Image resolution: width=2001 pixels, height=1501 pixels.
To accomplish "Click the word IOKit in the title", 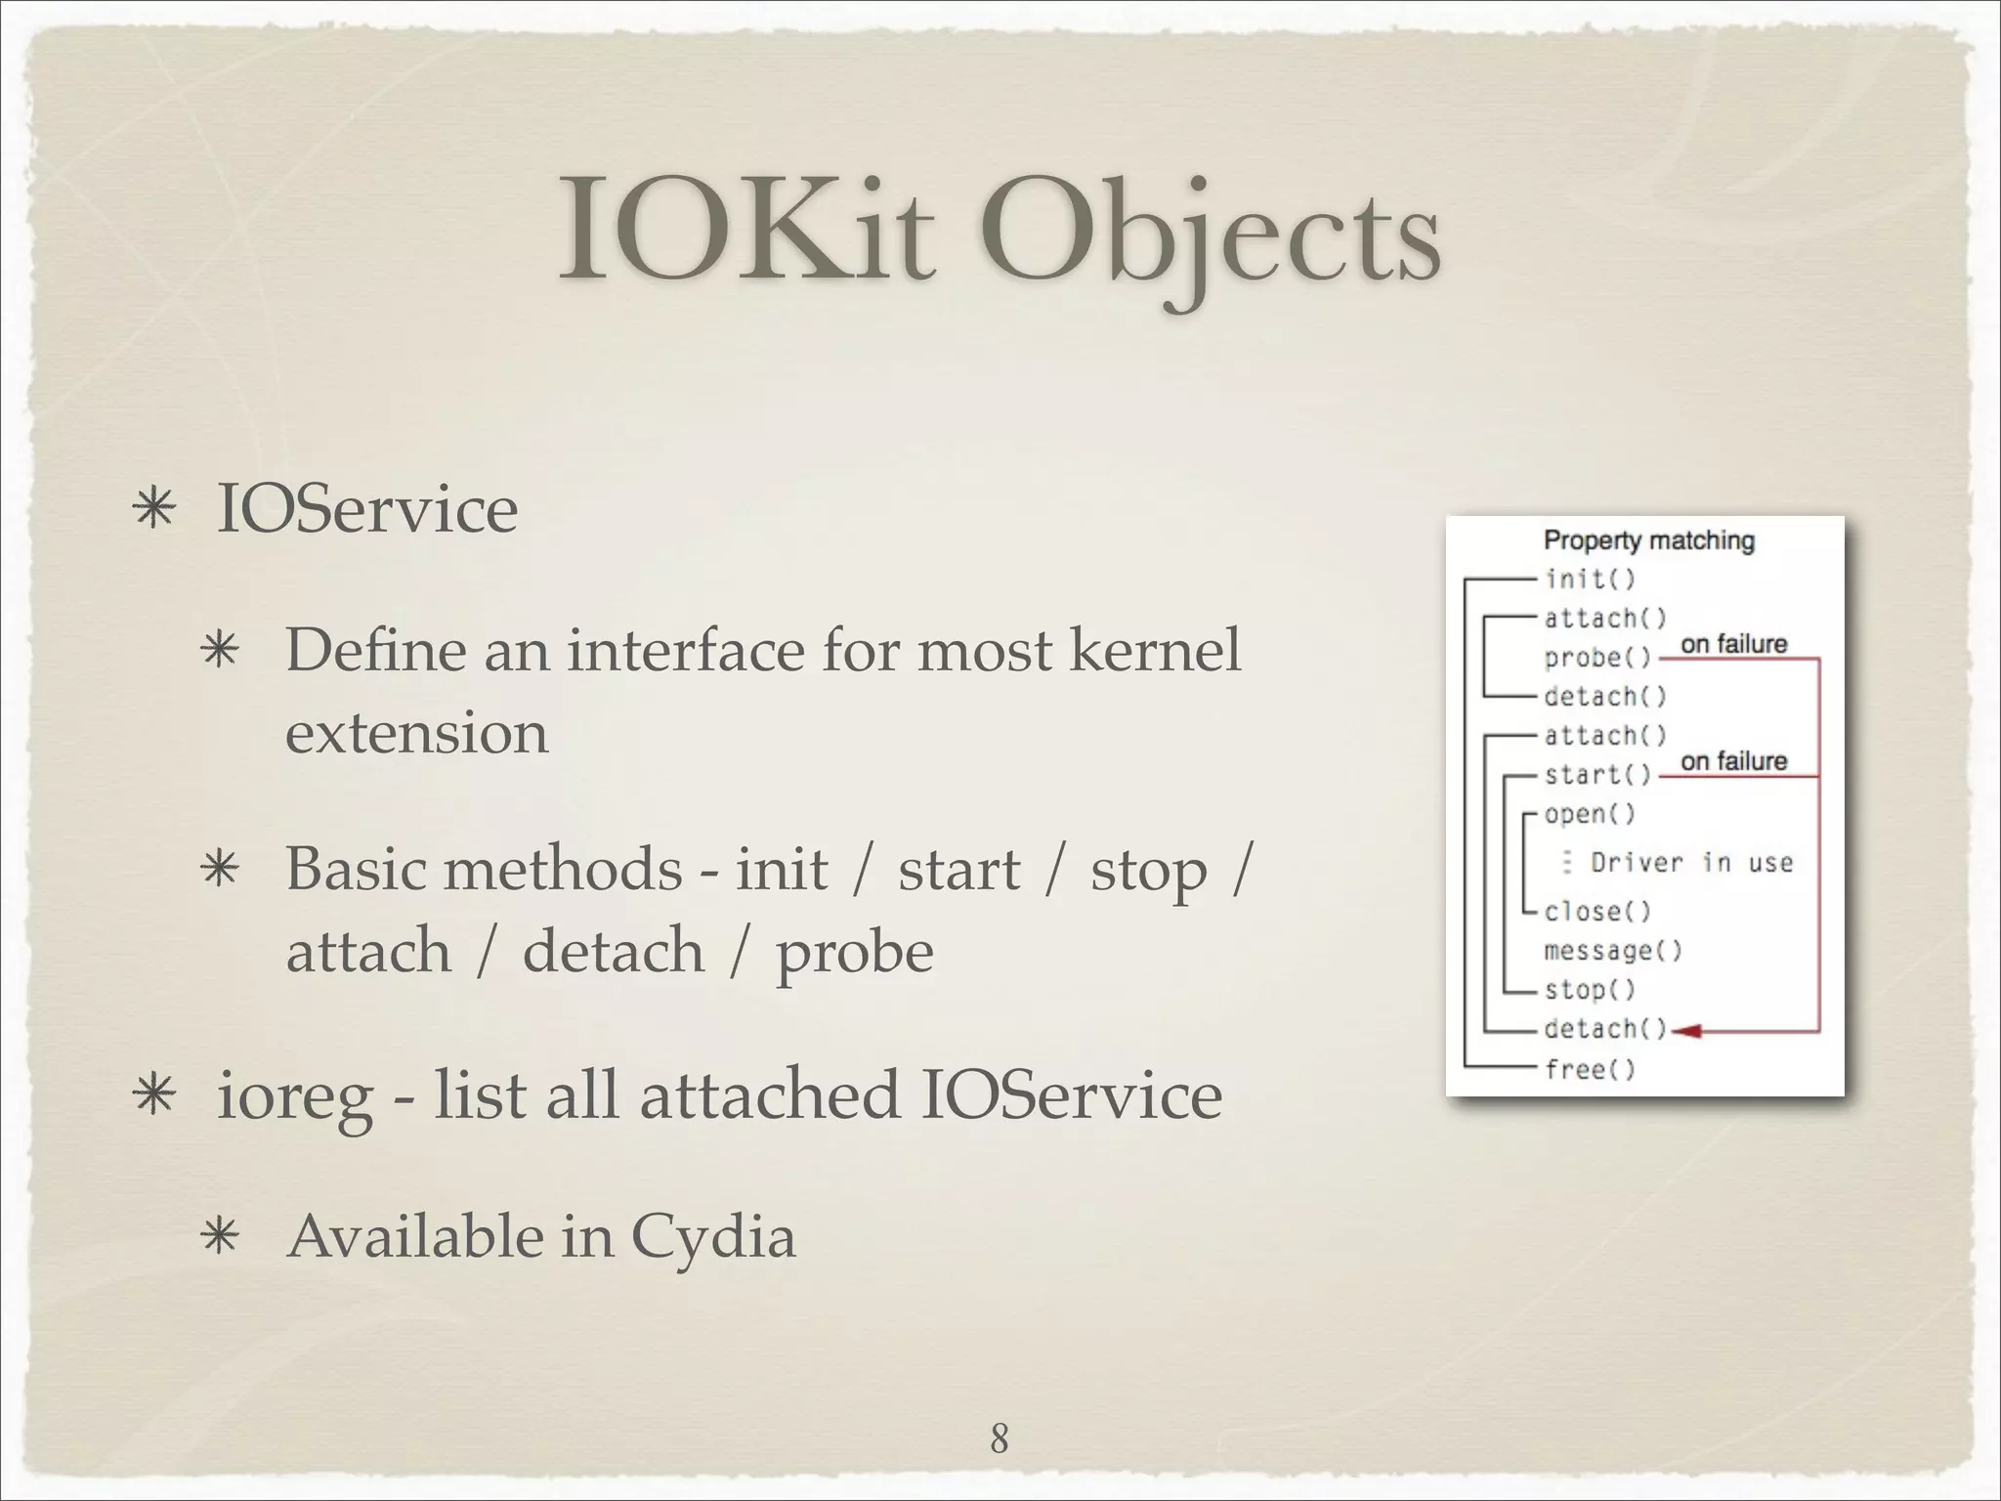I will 747,232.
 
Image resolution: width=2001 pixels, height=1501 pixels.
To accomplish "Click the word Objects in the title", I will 1210,232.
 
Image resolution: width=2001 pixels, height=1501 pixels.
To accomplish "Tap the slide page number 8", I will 999,1438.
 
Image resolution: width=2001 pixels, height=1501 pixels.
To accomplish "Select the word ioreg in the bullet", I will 294,1096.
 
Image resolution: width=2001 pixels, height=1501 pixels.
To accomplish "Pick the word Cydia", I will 712,1236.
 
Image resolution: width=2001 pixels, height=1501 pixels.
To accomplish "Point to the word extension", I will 416,732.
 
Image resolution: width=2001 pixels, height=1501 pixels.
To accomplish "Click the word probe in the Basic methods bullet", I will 854,952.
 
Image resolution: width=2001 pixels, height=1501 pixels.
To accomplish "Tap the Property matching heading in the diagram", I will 1648,540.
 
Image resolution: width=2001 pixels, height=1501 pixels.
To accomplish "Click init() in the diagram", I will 1590,579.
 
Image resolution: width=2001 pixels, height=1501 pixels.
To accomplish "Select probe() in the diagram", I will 1597,659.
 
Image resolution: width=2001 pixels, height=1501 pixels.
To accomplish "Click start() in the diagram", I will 1597,775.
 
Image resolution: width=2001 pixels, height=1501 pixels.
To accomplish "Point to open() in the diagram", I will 1590,814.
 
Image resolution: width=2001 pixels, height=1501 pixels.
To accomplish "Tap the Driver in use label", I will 1691,862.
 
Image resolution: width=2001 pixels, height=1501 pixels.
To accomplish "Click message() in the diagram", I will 1612,951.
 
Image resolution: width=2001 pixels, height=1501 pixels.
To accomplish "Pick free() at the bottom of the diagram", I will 1590,1069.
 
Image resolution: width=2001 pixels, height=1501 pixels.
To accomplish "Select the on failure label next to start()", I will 1733,760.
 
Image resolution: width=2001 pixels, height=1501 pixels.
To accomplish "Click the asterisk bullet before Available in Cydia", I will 219,1237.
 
